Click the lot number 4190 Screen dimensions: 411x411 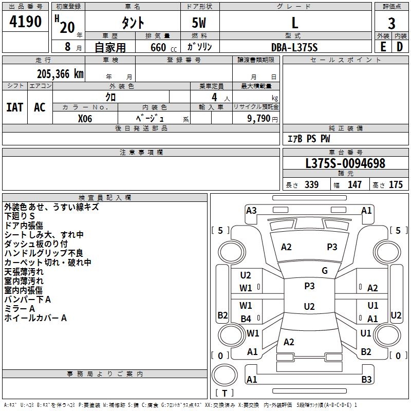[25, 22]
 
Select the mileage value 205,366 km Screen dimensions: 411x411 [60, 74]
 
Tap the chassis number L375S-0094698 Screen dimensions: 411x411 [345, 163]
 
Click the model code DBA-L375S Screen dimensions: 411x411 [294, 47]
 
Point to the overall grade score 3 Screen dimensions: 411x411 [391, 23]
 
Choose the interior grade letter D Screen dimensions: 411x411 [400, 47]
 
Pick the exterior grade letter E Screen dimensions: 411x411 [383, 47]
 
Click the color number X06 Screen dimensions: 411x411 [85, 119]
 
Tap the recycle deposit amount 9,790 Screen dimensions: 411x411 [259, 119]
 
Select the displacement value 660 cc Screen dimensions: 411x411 [163, 47]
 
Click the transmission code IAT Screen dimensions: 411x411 [14, 107]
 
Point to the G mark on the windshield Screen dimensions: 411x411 [325, 270]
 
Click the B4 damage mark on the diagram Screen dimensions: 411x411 [246, 319]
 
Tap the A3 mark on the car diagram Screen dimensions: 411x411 [251, 211]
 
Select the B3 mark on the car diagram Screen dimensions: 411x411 [366, 379]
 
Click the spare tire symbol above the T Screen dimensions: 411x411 [225, 375]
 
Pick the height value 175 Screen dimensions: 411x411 [396, 184]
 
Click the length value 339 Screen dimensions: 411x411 [311, 184]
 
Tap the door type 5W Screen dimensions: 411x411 [199, 23]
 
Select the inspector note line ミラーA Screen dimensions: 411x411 [20, 309]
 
